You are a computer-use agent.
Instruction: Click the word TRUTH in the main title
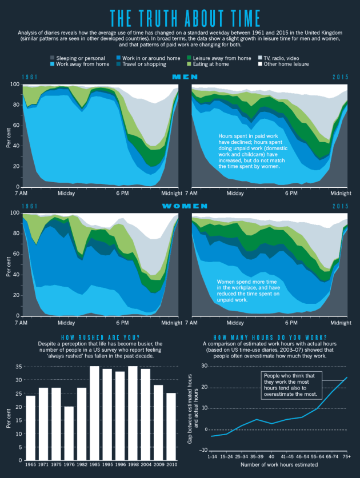[x=165, y=17]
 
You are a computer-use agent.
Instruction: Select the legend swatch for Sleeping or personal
[x=53, y=58]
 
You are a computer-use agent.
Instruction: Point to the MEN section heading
[x=181, y=77]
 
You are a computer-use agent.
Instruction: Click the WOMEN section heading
[x=181, y=206]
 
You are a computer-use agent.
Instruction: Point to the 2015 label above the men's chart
[x=342, y=77]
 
